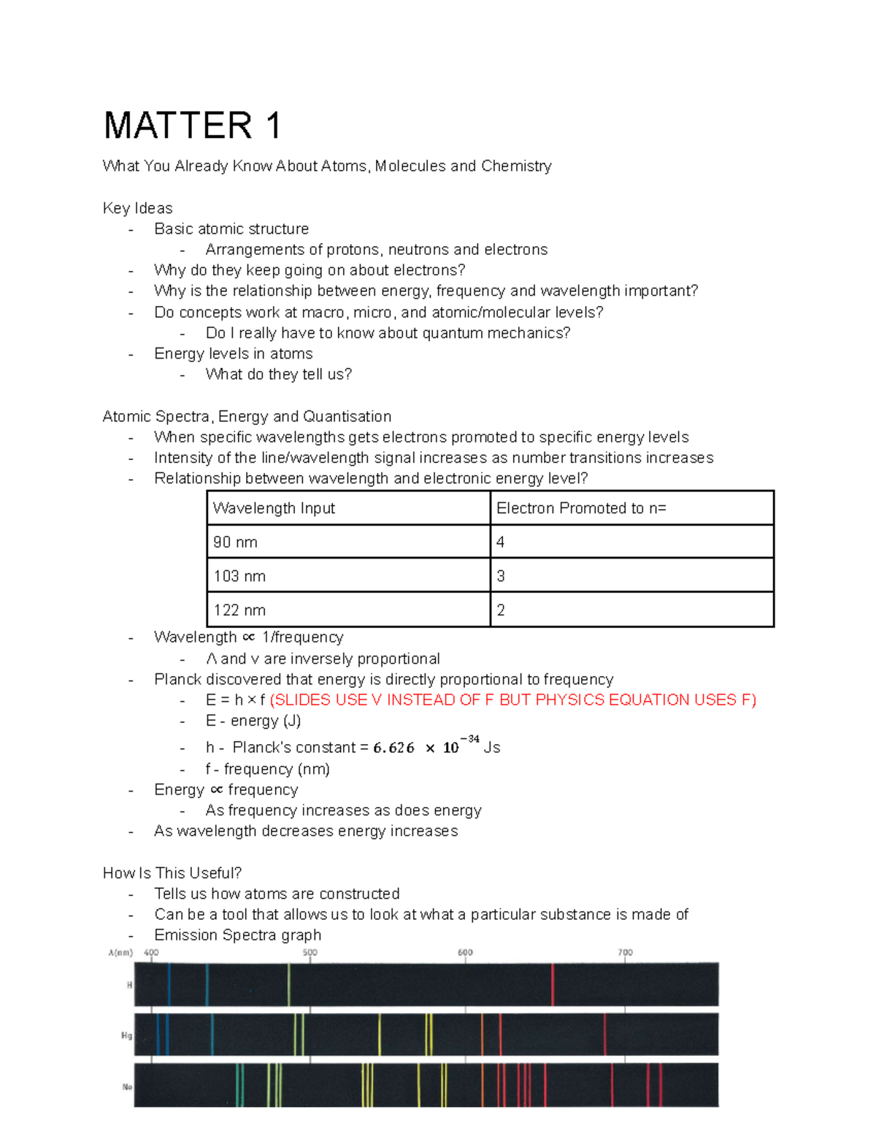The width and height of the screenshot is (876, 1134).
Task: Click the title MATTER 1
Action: click(x=192, y=126)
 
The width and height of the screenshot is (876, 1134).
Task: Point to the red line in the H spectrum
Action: click(x=553, y=984)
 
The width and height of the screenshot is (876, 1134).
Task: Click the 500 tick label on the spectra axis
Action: click(x=310, y=952)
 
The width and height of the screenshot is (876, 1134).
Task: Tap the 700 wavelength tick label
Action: click(x=625, y=952)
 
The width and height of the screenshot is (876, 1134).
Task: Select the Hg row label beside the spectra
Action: click(x=126, y=1035)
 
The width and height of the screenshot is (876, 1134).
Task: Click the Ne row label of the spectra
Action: click(x=127, y=1087)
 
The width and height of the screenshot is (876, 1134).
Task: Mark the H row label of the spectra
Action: click(x=129, y=985)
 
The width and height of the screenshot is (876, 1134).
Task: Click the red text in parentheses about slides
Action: click(x=512, y=700)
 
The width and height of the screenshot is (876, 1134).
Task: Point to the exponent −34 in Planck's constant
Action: click(x=469, y=739)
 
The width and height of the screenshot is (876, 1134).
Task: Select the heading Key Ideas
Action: click(x=137, y=208)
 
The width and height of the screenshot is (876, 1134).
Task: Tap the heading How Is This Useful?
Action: click(x=172, y=873)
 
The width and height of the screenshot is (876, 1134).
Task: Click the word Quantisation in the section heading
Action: click(x=347, y=416)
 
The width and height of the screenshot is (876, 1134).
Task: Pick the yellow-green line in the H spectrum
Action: click(x=289, y=984)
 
